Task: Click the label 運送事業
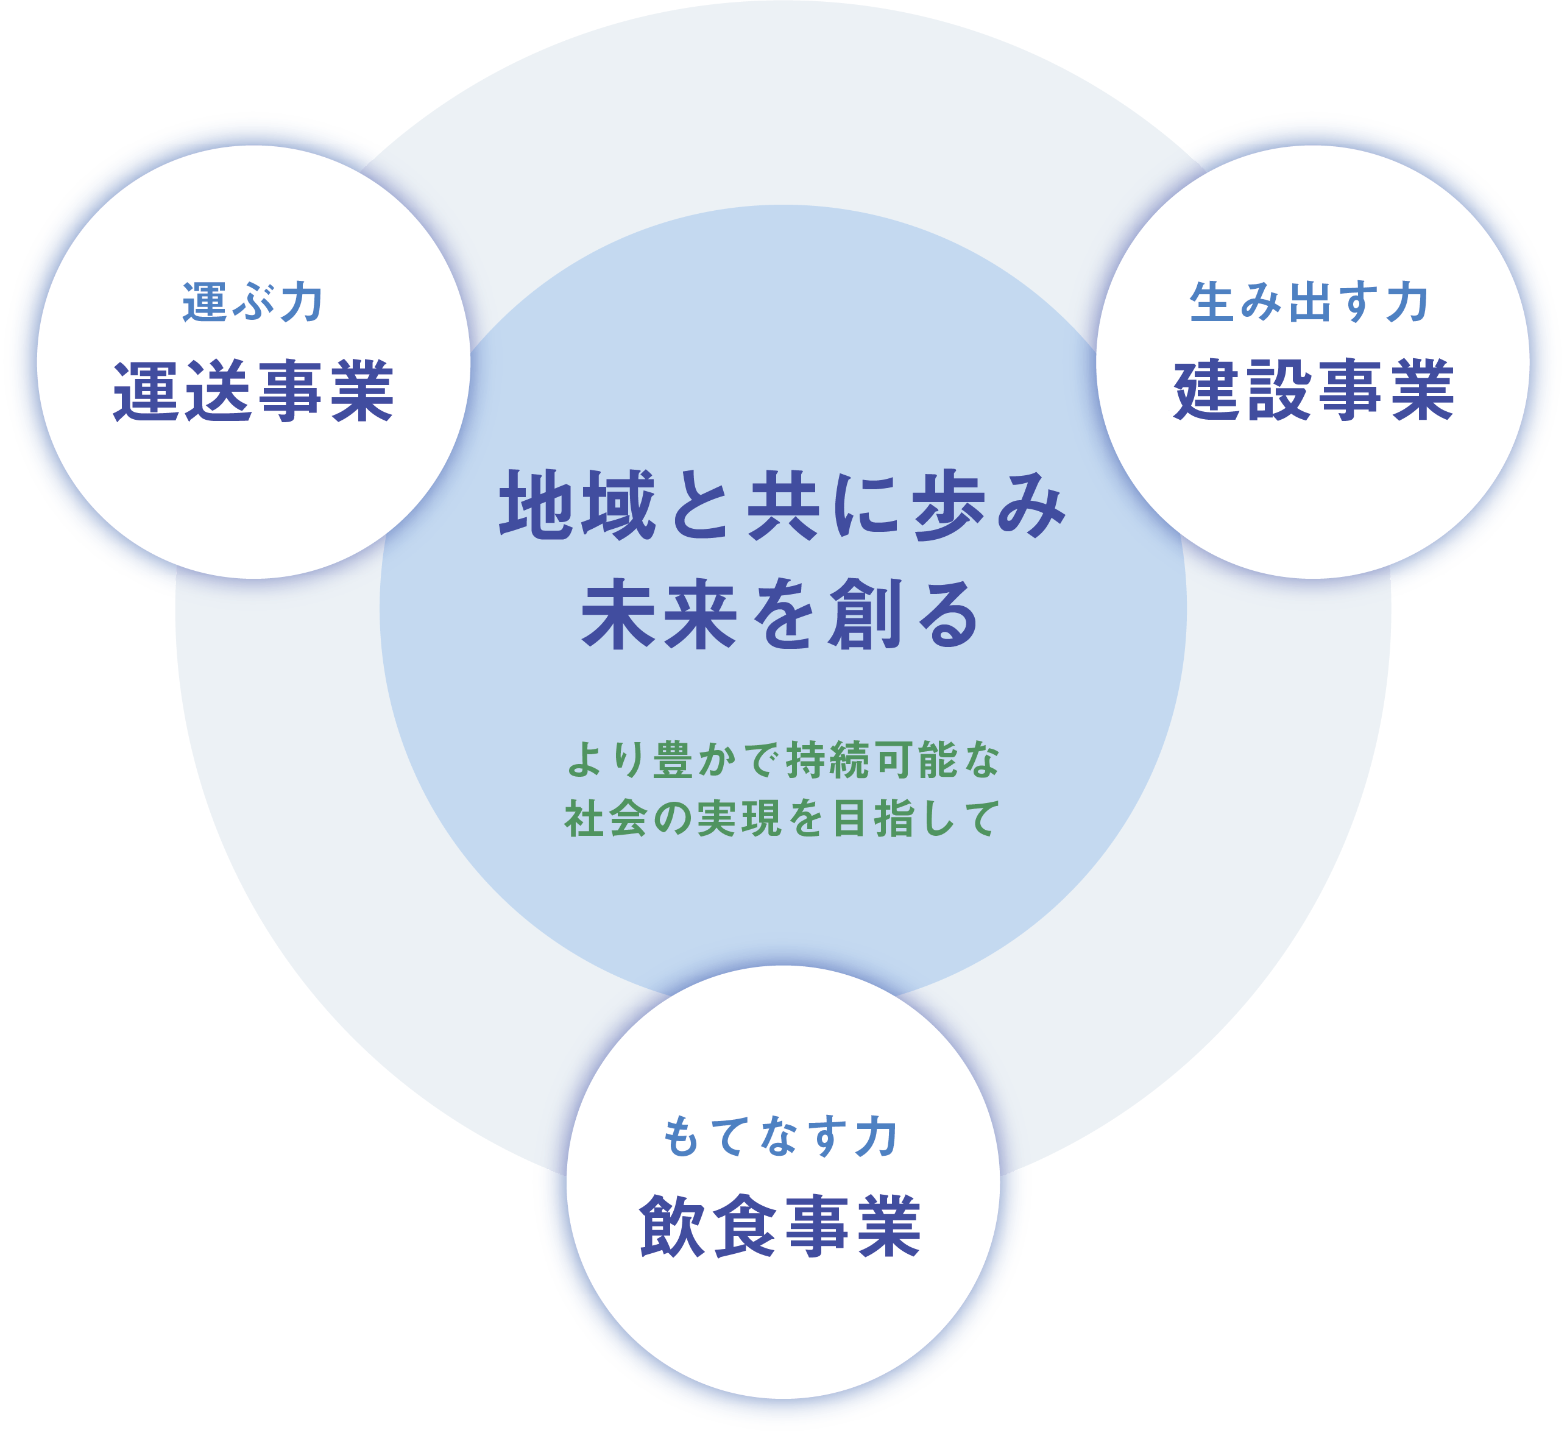(253, 391)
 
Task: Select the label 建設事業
(1313, 391)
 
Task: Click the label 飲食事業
(780, 1227)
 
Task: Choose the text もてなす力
(780, 1137)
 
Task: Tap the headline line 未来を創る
(780, 615)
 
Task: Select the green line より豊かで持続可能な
(783, 760)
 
